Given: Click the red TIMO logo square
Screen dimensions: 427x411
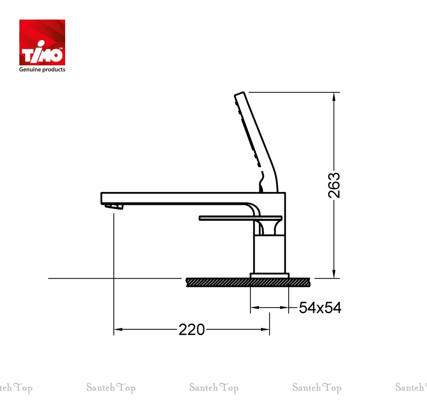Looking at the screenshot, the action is click(x=42, y=42).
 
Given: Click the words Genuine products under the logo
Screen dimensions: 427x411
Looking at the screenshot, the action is click(x=42, y=69).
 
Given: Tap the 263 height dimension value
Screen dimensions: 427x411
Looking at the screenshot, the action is click(x=334, y=185).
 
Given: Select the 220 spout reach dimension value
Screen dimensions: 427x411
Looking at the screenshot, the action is click(x=192, y=329).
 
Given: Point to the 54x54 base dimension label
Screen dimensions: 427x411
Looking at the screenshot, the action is click(x=320, y=308).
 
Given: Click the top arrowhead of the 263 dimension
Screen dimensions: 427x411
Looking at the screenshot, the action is click(x=334, y=97).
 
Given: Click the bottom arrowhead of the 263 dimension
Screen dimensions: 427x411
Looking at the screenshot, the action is click(x=334, y=274).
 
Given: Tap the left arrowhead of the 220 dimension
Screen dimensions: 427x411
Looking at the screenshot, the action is click(x=118, y=329).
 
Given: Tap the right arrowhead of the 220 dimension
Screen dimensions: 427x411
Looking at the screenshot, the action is click(x=265, y=329).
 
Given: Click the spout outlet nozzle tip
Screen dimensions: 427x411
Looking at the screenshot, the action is click(x=114, y=206).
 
